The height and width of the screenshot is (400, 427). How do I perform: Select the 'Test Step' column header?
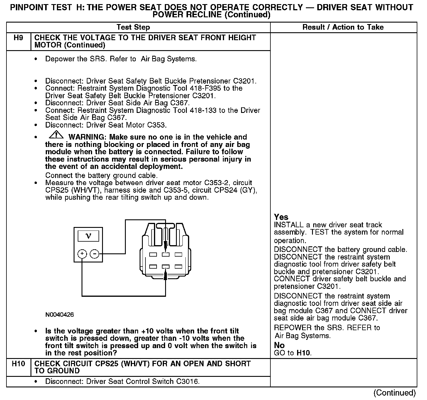[x=133, y=27]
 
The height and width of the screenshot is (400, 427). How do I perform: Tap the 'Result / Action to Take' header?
[x=343, y=27]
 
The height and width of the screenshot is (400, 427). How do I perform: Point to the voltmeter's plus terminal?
[x=82, y=254]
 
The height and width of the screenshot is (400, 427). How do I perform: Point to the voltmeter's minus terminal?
[x=94, y=254]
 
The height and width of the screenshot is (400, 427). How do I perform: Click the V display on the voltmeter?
[x=88, y=236]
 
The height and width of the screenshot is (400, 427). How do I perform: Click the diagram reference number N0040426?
[x=60, y=315]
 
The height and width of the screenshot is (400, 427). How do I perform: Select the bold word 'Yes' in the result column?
[x=281, y=217]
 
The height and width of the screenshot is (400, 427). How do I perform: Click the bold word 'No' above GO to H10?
[x=279, y=345]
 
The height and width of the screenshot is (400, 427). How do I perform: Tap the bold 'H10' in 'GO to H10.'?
[x=303, y=353]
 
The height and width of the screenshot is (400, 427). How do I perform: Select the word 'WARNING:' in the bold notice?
[x=87, y=137]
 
